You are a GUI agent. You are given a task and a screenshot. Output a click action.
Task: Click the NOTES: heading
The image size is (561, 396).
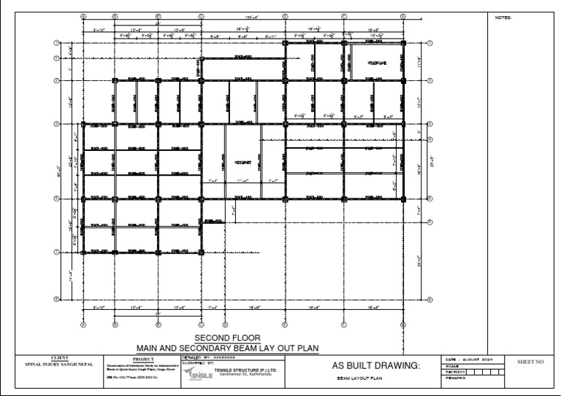coord(504,17)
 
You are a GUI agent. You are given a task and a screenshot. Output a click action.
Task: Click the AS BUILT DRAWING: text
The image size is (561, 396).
coord(376,365)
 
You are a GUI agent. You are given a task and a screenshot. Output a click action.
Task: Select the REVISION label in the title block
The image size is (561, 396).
coord(454,371)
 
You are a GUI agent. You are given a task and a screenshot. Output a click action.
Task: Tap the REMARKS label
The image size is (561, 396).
coord(454,377)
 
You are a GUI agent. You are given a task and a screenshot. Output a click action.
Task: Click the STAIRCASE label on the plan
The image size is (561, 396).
coord(377,63)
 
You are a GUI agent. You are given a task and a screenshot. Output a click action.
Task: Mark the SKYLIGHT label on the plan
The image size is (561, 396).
coord(243,162)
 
